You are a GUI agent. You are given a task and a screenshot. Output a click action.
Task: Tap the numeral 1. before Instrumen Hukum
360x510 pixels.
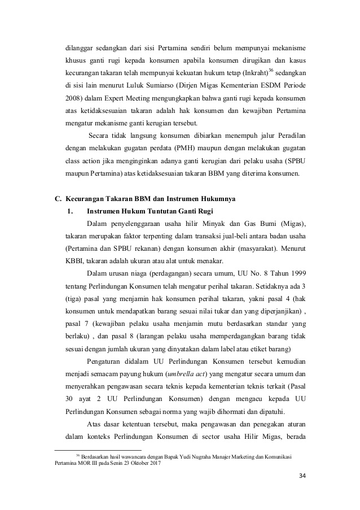[70, 212]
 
